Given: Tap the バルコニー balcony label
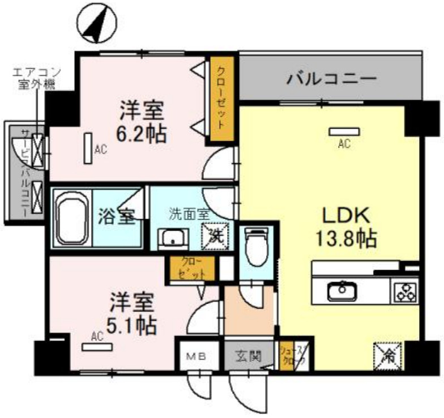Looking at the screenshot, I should tap(331, 78).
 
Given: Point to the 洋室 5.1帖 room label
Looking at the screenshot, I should tap(133, 314).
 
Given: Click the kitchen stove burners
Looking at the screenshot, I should tap(405, 291).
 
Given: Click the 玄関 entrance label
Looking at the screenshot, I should tap(248, 357).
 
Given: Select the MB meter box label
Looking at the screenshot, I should tap(196, 357).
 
